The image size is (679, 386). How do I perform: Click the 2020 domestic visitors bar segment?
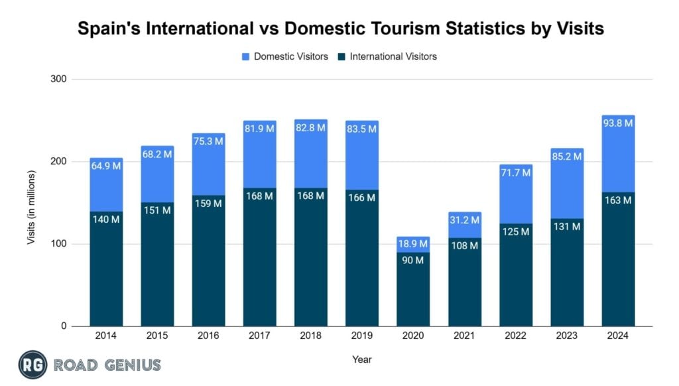coord(413,245)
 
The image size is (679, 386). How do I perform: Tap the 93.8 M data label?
coord(617,122)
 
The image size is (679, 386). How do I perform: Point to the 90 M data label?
coord(413,260)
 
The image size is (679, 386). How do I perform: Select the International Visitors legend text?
coord(393,57)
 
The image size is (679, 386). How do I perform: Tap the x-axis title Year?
coord(362,359)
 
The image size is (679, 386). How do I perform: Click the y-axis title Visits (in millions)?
coord(31,208)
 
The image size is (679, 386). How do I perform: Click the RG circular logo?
coord(32,364)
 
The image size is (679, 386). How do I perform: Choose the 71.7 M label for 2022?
coord(515,172)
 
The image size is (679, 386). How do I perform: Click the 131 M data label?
coord(566,226)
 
